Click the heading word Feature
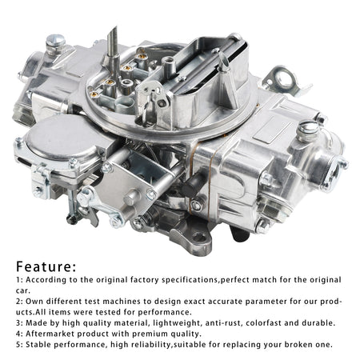click(x=43, y=266)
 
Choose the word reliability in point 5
click(x=149, y=345)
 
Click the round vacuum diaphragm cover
click(x=62, y=138)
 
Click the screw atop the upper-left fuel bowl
click(x=55, y=43)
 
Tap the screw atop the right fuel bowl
click(x=310, y=130)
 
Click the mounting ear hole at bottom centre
click(x=199, y=238)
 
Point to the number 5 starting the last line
click(x=18, y=345)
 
